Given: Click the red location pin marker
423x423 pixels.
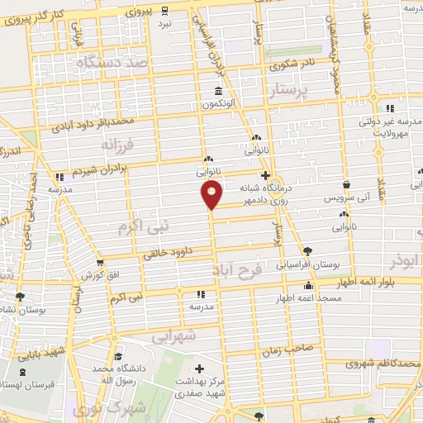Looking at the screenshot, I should (x=212, y=195).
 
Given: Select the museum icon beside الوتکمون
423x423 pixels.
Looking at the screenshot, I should (x=218, y=91).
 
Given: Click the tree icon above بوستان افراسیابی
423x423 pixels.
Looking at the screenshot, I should (x=307, y=250).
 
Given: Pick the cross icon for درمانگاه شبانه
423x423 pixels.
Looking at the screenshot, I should (x=265, y=175).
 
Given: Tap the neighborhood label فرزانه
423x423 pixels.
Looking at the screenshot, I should (x=117, y=146).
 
